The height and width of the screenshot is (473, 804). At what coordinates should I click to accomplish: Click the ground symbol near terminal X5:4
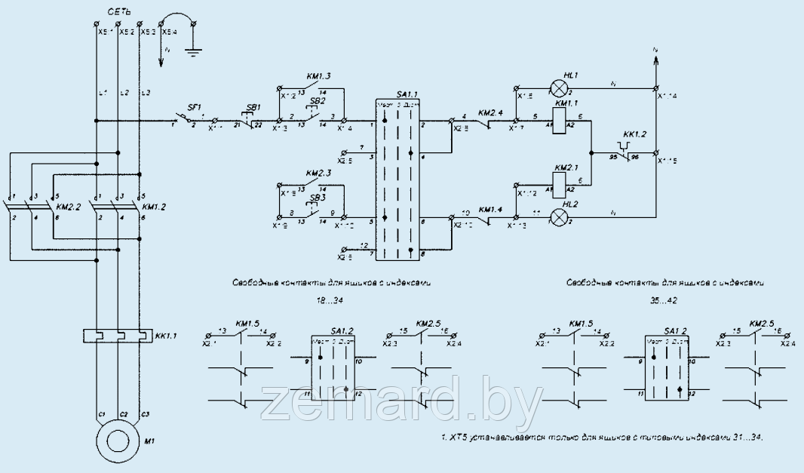pos(195,53)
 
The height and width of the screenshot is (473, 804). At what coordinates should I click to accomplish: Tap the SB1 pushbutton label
pos(254,108)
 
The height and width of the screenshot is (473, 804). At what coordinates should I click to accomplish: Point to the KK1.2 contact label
pos(635,134)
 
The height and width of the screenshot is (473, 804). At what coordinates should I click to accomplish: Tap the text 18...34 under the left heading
pos(325,299)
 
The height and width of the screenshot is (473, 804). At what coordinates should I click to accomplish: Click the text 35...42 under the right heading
pos(664,299)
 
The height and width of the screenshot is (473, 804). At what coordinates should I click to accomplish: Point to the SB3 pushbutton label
pos(318,198)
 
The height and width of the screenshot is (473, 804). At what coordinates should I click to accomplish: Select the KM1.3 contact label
pos(318,77)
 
